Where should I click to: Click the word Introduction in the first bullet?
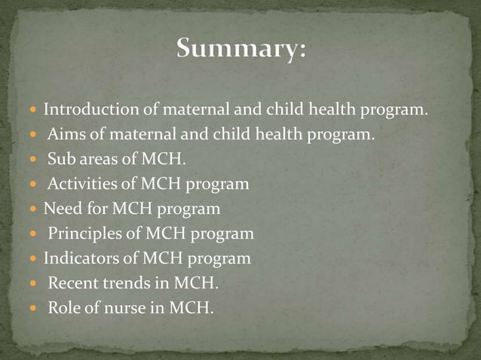tap(91, 111)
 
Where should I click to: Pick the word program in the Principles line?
tap(224, 234)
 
